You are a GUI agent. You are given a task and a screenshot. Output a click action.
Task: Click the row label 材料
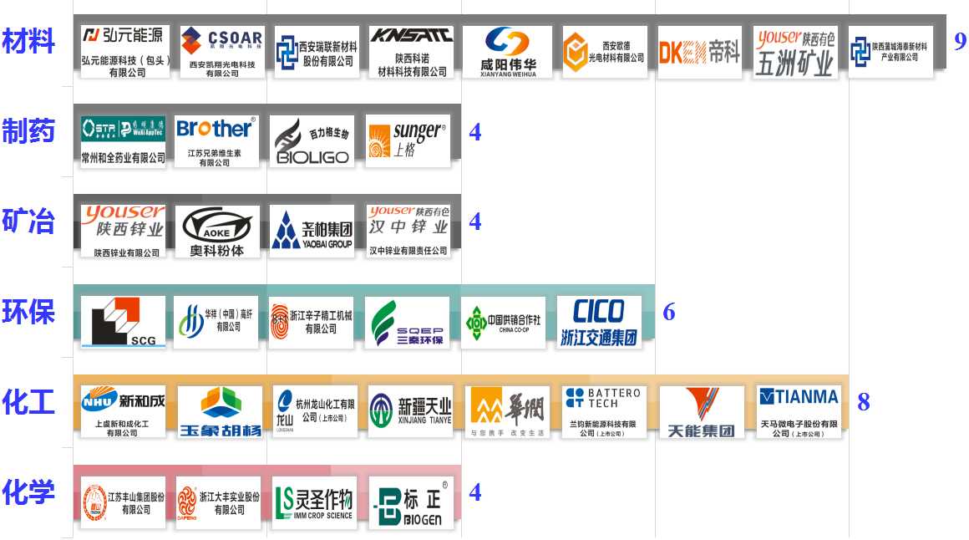[28, 41]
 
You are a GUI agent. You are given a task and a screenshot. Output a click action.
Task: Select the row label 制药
[28, 131]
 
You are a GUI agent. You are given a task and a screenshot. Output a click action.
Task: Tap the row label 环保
[28, 312]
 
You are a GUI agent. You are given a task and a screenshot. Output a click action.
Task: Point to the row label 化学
[28, 492]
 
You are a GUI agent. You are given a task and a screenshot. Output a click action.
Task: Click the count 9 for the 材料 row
[960, 41]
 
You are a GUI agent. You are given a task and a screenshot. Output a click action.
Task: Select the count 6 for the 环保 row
[668, 312]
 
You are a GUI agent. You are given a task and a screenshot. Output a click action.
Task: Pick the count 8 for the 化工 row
[863, 402]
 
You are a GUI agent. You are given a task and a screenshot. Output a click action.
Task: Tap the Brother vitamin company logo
[215, 140]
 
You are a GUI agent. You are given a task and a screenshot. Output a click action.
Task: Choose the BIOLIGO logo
[312, 140]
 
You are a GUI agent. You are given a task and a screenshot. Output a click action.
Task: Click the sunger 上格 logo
[408, 140]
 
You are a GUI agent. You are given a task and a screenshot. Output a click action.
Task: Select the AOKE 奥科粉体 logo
[216, 231]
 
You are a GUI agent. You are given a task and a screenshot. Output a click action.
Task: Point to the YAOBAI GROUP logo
[312, 231]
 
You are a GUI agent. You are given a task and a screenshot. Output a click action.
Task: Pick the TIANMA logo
[798, 411]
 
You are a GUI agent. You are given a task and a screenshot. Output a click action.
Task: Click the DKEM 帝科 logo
[699, 53]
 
